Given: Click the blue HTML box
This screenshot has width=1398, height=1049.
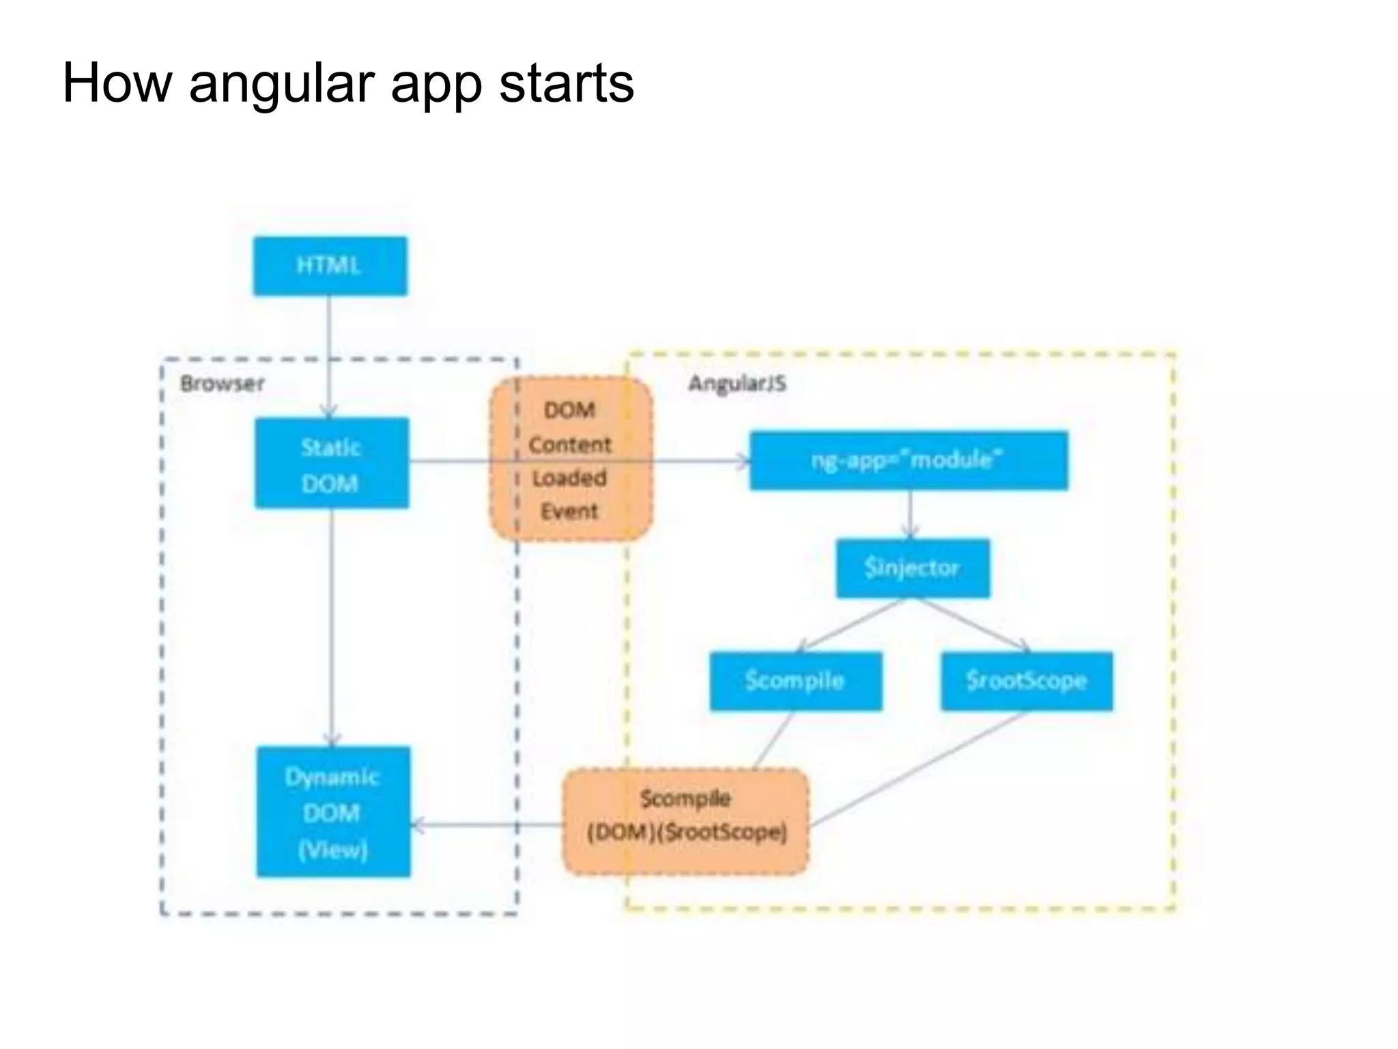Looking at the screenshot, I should [330, 266].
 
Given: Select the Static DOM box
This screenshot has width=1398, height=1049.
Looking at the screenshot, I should [332, 463].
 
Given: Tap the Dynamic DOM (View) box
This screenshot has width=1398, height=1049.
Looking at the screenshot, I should [333, 811].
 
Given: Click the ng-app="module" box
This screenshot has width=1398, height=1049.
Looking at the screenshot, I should [909, 460].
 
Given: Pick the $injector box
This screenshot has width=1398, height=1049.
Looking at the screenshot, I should [913, 568].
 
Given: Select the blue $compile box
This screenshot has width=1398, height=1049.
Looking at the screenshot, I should [795, 681].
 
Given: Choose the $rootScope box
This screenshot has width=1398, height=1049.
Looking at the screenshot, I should [1027, 681].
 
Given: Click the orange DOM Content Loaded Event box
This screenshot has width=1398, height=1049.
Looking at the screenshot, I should [571, 459].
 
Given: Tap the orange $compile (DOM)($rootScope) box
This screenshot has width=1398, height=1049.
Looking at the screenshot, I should [685, 821].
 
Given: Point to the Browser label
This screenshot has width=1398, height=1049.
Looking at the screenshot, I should [222, 383].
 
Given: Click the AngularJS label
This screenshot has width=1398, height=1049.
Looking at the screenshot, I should [737, 383].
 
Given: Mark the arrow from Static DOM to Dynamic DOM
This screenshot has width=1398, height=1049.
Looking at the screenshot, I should [332, 628].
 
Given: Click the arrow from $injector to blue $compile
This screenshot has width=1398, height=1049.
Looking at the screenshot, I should [850, 624].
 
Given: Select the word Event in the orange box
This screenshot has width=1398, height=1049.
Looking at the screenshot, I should [569, 512].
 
